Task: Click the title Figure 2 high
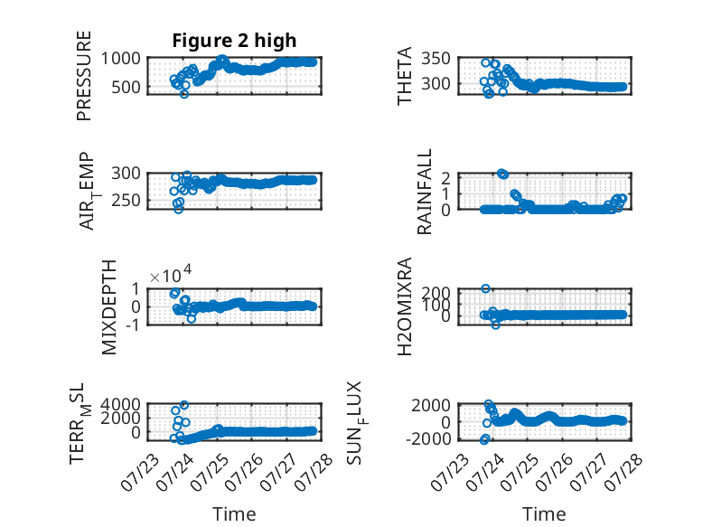(x=234, y=41)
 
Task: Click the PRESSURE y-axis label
(x=84, y=76)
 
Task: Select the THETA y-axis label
(x=405, y=76)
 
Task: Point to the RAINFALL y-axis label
(x=424, y=192)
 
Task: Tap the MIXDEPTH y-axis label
(x=109, y=307)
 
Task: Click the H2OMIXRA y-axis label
(x=405, y=306)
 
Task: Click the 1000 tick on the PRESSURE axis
(x=120, y=59)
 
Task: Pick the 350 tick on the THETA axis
(x=436, y=59)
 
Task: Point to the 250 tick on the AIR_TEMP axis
(x=126, y=201)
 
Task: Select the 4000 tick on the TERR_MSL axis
(x=120, y=405)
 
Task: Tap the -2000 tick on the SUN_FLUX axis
(x=428, y=438)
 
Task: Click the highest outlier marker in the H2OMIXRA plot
(x=485, y=289)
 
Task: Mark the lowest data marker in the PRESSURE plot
(x=183, y=94)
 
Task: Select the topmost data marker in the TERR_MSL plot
(x=183, y=405)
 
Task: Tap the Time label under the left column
(x=234, y=514)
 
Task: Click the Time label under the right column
(x=544, y=514)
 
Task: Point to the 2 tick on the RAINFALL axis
(x=445, y=178)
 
